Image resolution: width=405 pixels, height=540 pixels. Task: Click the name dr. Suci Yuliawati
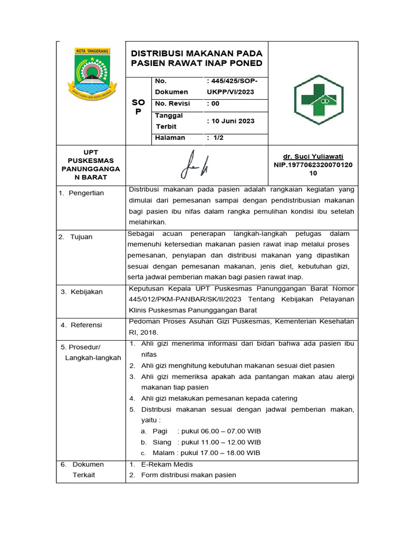coord(313,157)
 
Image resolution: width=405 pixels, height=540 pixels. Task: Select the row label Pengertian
coord(84,193)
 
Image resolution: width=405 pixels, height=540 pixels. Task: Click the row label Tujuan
coord(81,237)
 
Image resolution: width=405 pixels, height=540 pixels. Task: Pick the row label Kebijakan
coord(86,292)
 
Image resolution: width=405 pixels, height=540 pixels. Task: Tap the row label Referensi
coord(86,325)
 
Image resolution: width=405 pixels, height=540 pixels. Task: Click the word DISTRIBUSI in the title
coord(159,54)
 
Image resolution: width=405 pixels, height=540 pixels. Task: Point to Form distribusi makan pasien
coord(188,475)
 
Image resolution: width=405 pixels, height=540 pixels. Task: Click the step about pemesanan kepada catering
coord(219,398)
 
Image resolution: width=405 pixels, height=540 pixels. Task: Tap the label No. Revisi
coord(172,104)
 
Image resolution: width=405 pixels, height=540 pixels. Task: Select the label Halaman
coord(170,138)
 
